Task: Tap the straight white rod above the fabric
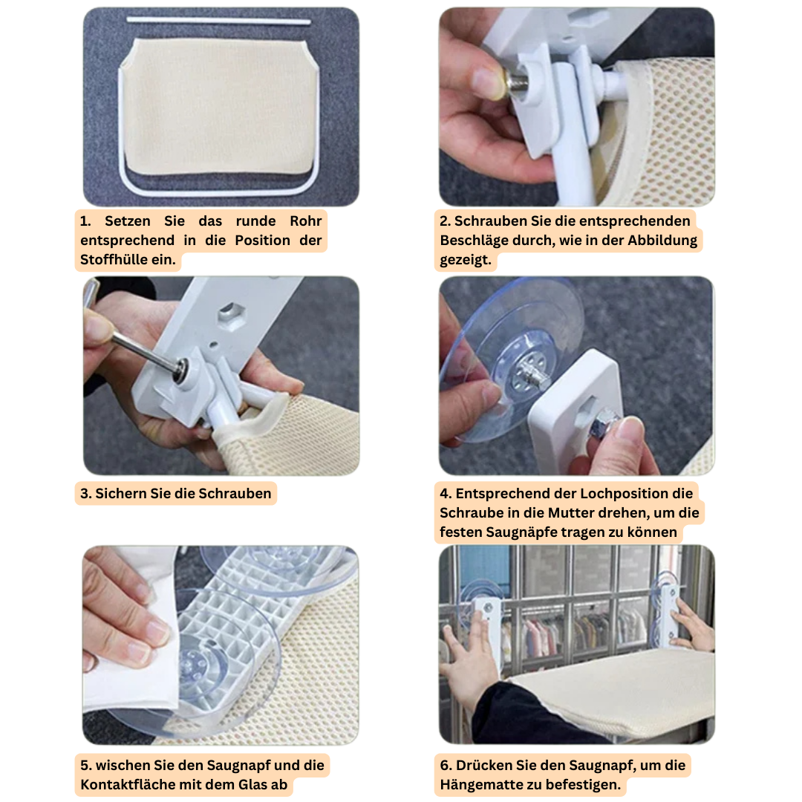(x=219, y=21)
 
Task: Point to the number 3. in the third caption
(x=85, y=494)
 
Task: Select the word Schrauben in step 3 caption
(x=235, y=494)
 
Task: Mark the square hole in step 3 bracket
(x=230, y=311)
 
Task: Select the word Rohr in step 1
(x=305, y=221)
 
